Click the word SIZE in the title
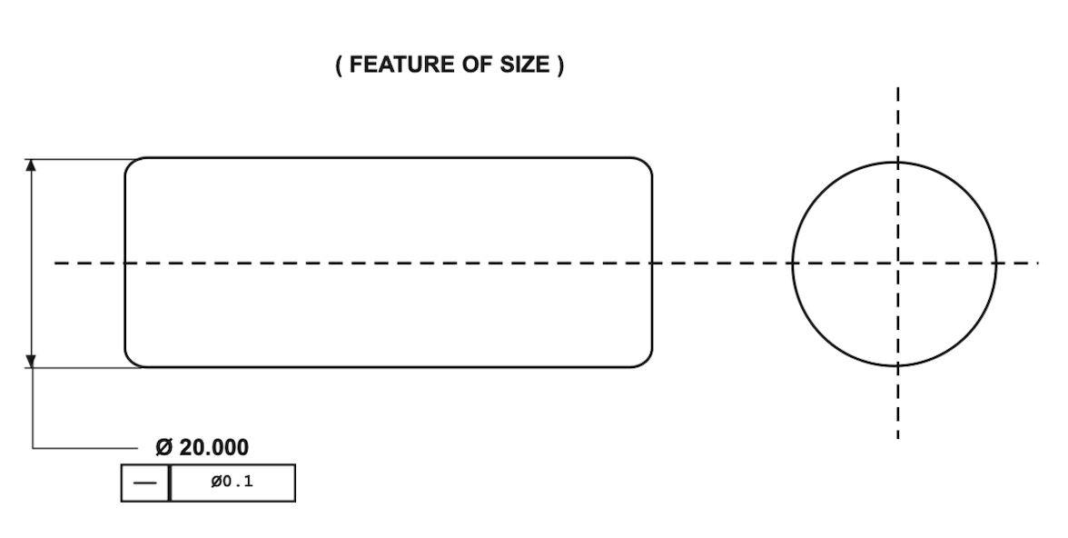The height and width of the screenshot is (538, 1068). (x=525, y=65)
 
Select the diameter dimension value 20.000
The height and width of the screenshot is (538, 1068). (x=214, y=447)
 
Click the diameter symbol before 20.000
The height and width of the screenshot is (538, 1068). (x=164, y=447)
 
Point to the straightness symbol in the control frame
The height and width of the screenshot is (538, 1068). (x=145, y=483)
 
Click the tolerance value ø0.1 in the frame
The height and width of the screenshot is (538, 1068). (x=232, y=482)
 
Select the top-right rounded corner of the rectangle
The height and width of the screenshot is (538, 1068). (x=647, y=164)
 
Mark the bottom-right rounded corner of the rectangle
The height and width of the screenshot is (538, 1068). (x=647, y=362)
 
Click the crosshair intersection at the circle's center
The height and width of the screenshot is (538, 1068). (x=897, y=263)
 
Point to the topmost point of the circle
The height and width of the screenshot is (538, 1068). (x=895, y=163)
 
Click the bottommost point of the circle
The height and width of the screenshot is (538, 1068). (x=895, y=365)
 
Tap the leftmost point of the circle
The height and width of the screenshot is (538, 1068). (x=793, y=264)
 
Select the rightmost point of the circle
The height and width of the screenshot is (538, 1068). (x=995, y=264)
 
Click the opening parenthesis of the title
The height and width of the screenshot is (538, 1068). (x=339, y=65)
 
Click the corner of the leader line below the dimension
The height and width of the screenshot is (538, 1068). (x=33, y=448)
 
